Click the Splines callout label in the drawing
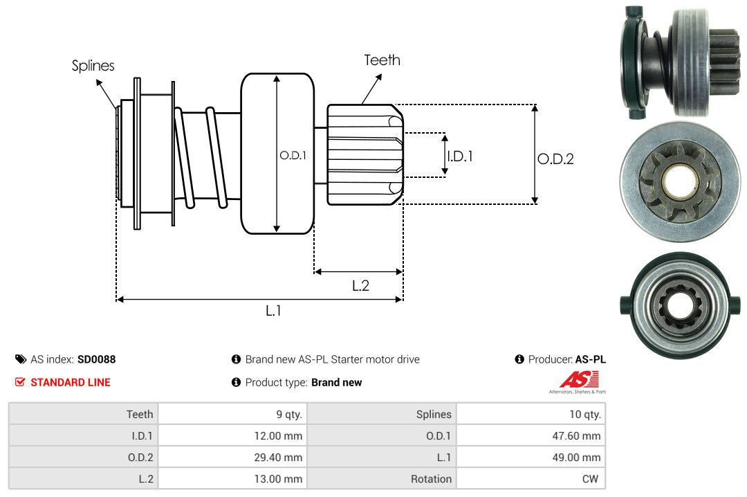[93, 66]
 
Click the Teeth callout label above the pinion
[382, 60]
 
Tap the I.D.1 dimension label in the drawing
[460, 156]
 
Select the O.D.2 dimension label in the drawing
[555, 159]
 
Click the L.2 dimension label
[360, 285]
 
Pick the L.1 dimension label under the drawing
[273, 311]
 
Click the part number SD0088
[97, 359]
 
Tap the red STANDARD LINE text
[70, 382]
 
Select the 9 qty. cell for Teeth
[288, 414]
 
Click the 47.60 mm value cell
[578, 436]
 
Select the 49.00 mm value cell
[578, 458]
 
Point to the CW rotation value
[592, 479]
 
